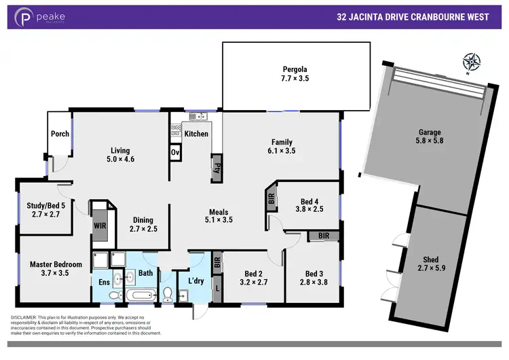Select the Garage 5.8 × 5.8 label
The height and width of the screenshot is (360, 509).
(x=429, y=137)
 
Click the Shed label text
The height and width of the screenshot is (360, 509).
(x=431, y=259)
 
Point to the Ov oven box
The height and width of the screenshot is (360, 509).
(x=174, y=152)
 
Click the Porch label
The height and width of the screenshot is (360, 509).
(x=60, y=134)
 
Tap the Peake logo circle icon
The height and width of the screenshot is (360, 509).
(x=25, y=17)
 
